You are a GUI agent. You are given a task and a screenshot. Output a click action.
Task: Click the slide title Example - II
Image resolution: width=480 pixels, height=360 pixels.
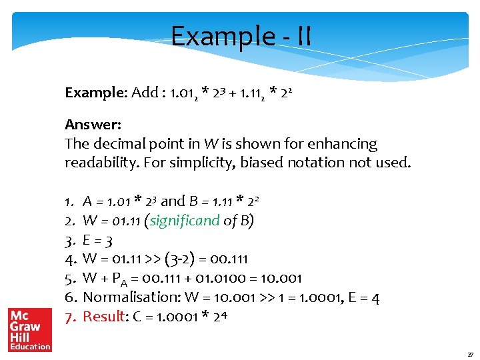coord(241,36)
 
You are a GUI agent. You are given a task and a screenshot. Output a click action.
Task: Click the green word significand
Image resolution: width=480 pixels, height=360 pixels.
coord(185,221)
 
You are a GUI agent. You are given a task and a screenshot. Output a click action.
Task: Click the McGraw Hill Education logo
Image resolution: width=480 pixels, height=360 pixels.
coord(30,329)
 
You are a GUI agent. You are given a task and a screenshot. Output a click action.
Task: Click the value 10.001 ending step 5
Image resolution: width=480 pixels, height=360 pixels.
coord(282,278)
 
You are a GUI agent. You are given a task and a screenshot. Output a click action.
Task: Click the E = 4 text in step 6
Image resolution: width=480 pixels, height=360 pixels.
coord(365,297)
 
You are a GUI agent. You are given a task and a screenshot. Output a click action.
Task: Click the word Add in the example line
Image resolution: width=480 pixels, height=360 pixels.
coord(145,93)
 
